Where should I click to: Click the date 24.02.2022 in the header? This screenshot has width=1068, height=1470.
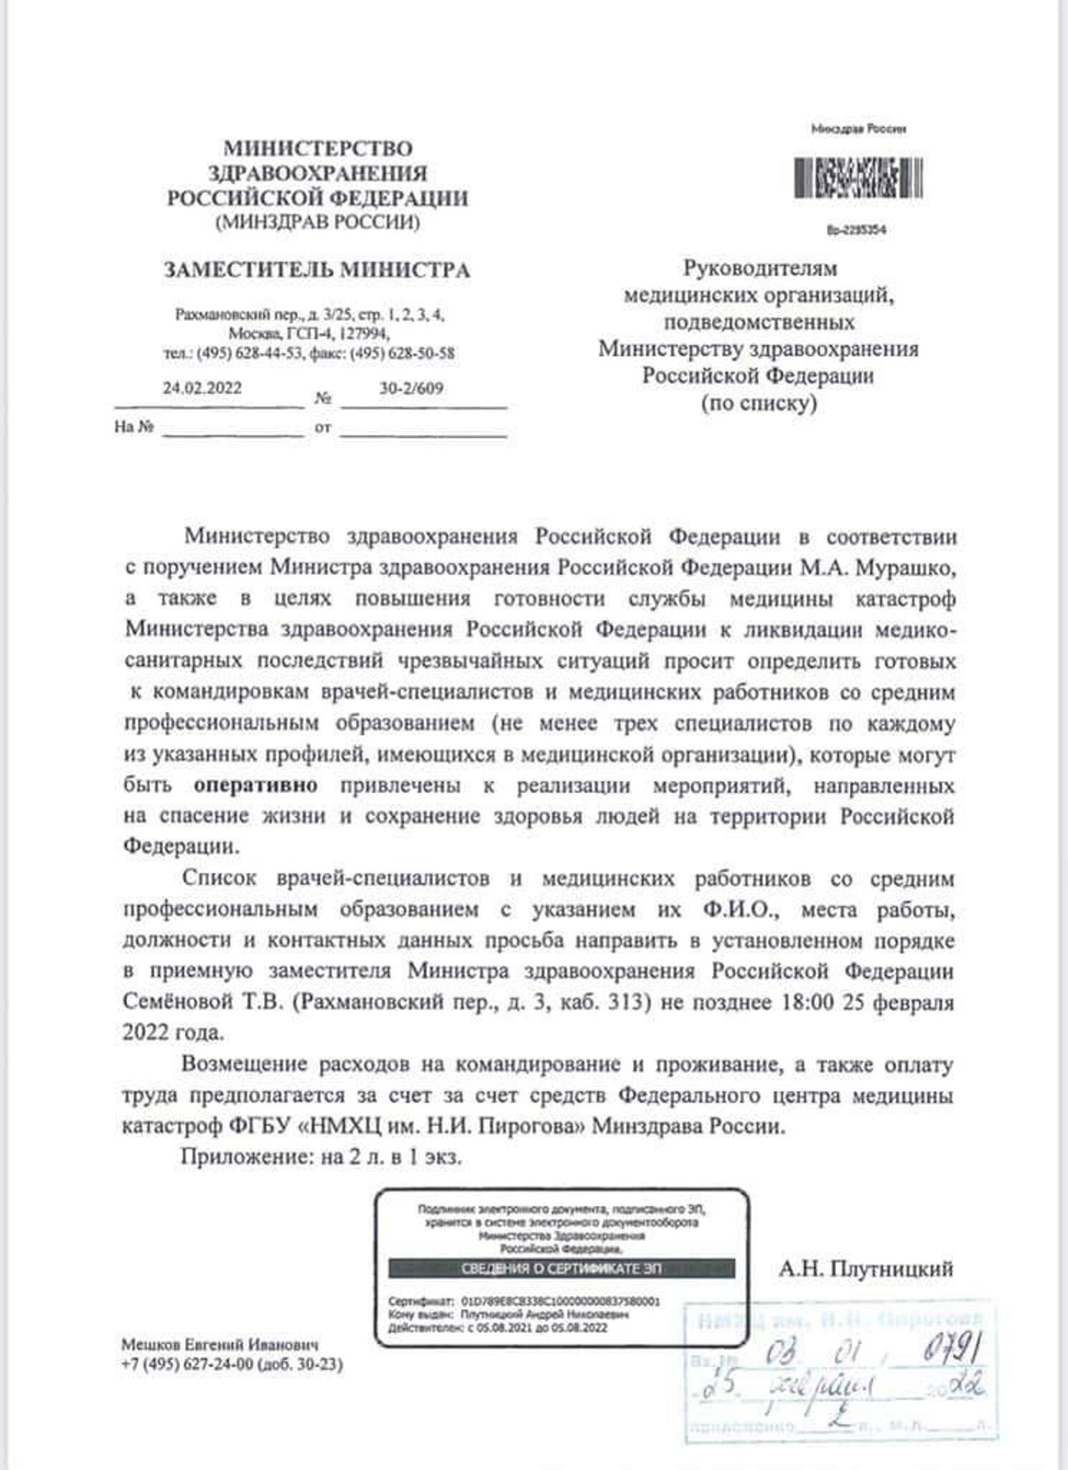pyautogui.click(x=202, y=388)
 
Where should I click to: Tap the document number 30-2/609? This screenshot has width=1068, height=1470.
pyautogui.click(x=411, y=388)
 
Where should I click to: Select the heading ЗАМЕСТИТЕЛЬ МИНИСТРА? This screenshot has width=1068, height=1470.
pyautogui.click(x=317, y=271)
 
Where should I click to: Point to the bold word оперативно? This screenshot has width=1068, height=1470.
pyautogui.click(x=256, y=785)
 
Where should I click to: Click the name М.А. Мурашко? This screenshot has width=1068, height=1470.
pyautogui.click(x=879, y=567)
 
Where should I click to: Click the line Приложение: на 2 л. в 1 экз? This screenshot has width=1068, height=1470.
pyautogui.click(x=321, y=1158)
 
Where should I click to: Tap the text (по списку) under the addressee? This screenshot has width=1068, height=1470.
pyautogui.click(x=759, y=403)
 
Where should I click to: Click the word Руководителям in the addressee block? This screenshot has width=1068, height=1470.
pyautogui.click(x=759, y=268)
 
